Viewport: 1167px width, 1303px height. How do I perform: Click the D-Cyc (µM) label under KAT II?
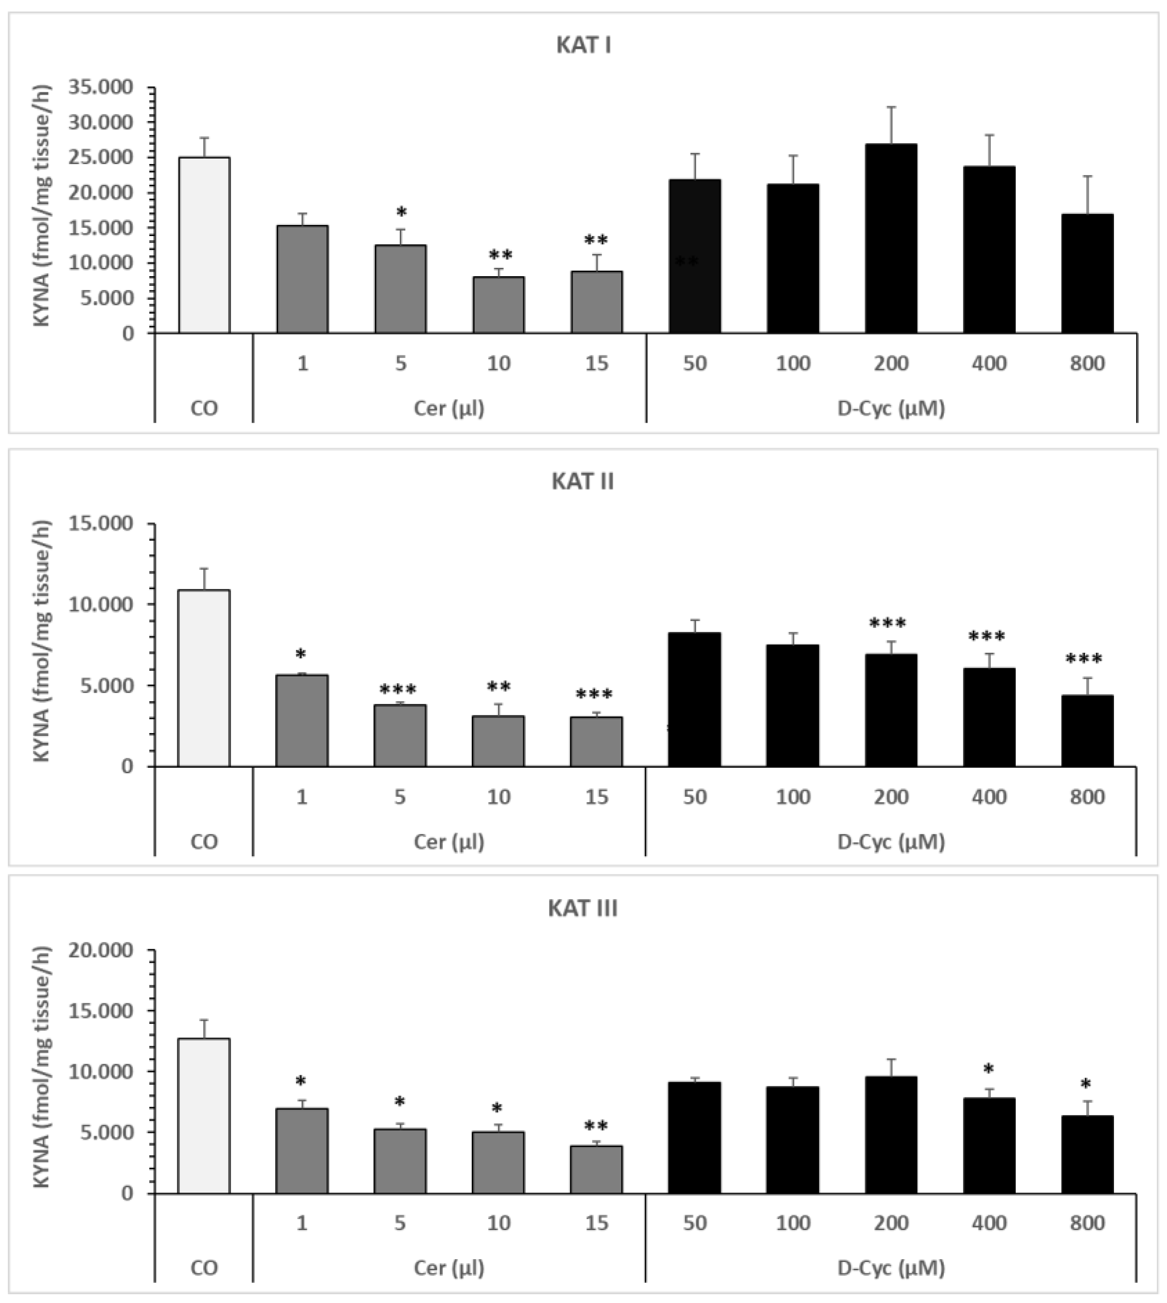[x=891, y=841]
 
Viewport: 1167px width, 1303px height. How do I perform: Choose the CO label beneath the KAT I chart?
[x=204, y=409]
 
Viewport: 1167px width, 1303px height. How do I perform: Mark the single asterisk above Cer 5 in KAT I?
[x=402, y=212]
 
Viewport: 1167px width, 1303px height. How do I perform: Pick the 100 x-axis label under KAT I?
[x=793, y=364]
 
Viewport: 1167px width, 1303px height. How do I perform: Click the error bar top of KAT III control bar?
[x=204, y=1019]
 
